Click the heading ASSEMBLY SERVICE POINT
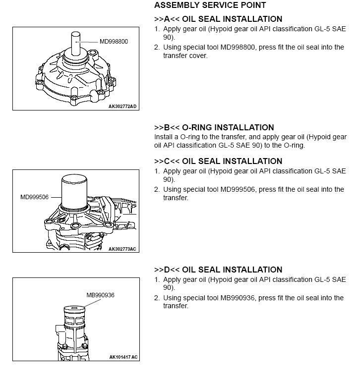pyautogui.click(x=210, y=5)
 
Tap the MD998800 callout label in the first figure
pyautogui.click(x=114, y=41)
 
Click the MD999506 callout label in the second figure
pyautogui.click(x=34, y=197)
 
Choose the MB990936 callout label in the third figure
pyautogui.click(x=100, y=295)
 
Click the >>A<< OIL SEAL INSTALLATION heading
pyautogui.click(x=218, y=19)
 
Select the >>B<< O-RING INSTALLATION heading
pyautogui.click(x=214, y=128)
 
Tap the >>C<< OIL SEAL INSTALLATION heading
pyautogui.click(x=218, y=162)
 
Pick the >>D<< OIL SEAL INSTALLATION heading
pyautogui.click(x=218, y=270)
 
